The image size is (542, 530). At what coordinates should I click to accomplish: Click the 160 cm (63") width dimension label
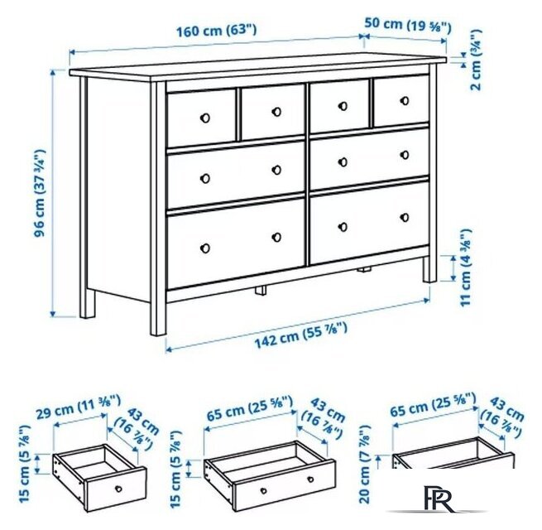pos(217,30)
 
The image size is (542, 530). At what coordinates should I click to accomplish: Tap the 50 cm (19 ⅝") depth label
pos(408,25)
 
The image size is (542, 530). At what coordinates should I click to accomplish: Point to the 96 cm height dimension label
pos(40,193)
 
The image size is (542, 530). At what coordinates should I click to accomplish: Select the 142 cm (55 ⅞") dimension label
pos(300,335)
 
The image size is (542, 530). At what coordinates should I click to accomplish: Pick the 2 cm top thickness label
pos(476,60)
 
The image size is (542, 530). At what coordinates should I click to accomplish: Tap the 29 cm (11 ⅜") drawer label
pos(79,407)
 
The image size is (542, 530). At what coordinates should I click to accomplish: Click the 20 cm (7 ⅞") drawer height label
pos(365,464)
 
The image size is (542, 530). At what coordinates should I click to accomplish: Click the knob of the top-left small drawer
pos(205,118)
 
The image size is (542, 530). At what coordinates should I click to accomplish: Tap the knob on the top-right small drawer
pos(405,101)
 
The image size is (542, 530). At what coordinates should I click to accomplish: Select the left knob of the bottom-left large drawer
pos(205,248)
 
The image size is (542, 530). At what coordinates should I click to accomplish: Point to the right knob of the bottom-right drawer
pos(405,218)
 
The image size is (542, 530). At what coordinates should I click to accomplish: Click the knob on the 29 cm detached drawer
pos(118,489)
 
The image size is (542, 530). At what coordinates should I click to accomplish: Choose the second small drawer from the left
pos(273,112)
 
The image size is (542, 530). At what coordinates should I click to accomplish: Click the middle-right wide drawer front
pos(370,157)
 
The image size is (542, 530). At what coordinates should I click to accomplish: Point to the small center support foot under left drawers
pos(261,290)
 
